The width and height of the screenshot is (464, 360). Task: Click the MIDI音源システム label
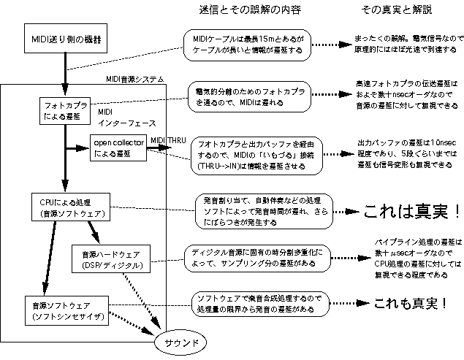pyautogui.click(x=135, y=78)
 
